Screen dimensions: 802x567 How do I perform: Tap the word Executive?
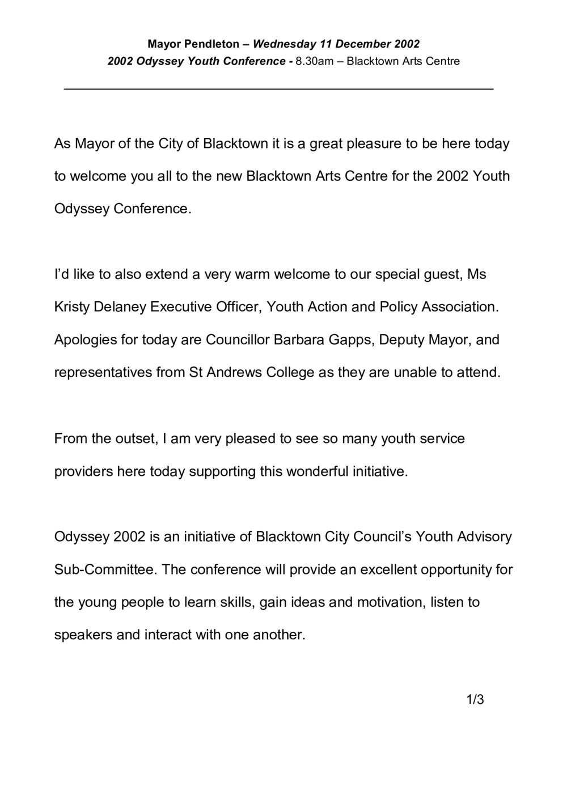pyautogui.click(x=181, y=307)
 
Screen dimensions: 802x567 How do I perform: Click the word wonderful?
pyautogui.click(x=311, y=471)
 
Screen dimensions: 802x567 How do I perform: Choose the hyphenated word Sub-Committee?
pyautogui.click(x=104, y=569)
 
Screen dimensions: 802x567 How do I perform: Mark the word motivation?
pyautogui.click(x=391, y=602)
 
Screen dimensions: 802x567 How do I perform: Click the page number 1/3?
pyautogui.click(x=475, y=700)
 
